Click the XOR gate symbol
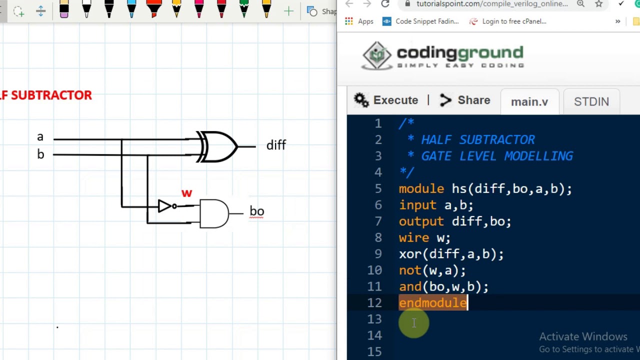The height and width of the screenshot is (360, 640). [218, 146]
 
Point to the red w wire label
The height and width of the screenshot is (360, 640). [186, 193]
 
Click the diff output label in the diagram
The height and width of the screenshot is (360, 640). [276, 145]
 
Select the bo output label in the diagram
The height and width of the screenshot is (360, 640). [256, 211]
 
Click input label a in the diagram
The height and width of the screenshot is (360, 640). [40, 137]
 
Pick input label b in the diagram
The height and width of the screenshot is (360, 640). [40, 154]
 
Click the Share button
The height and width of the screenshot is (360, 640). [465, 100]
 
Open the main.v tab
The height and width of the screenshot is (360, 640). [529, 101]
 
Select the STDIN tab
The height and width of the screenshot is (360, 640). [591, 101]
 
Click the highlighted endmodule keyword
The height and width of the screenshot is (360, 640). [432, 303]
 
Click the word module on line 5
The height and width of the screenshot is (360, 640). [421, 189]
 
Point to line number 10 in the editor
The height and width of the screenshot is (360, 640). [374, 270]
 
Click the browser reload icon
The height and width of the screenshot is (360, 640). [385, 4]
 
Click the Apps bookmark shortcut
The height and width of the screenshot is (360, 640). [359, 21]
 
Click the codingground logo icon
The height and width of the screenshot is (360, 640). [377, 55]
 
